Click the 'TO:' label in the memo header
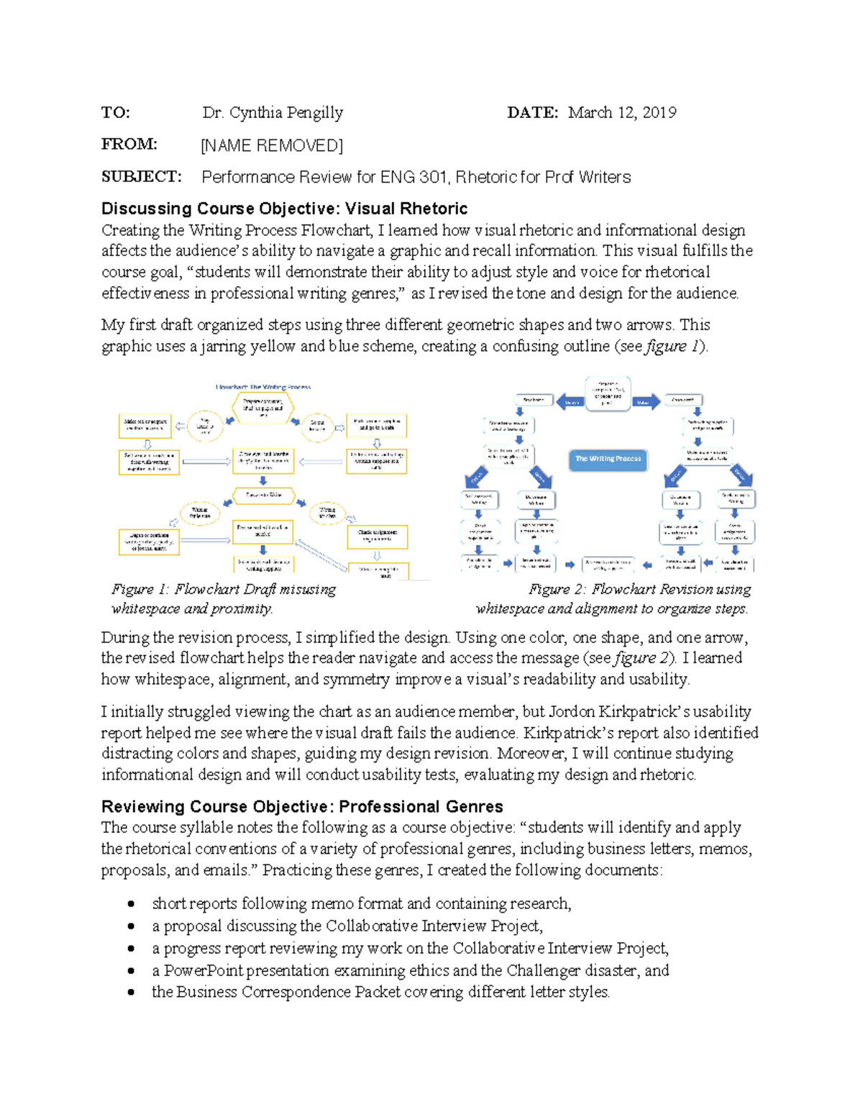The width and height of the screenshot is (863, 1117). tap(115, 112)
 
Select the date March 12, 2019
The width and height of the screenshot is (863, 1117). tap(621, 112)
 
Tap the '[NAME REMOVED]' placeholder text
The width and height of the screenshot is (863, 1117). tap(272, 145)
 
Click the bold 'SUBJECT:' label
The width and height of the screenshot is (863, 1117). tap(141, 177)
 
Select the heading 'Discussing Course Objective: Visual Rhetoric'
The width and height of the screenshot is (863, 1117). tap(284, 209)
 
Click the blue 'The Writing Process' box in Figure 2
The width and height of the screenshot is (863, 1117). tap(608, 459)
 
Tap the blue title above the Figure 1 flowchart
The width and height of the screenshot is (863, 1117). tap(263, 387)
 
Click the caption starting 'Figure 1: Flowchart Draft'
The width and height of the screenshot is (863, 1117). tap(223, 598)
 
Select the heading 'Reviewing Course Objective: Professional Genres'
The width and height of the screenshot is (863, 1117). tap(302, 806)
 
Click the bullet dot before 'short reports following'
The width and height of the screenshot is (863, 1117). tap(131, 904)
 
